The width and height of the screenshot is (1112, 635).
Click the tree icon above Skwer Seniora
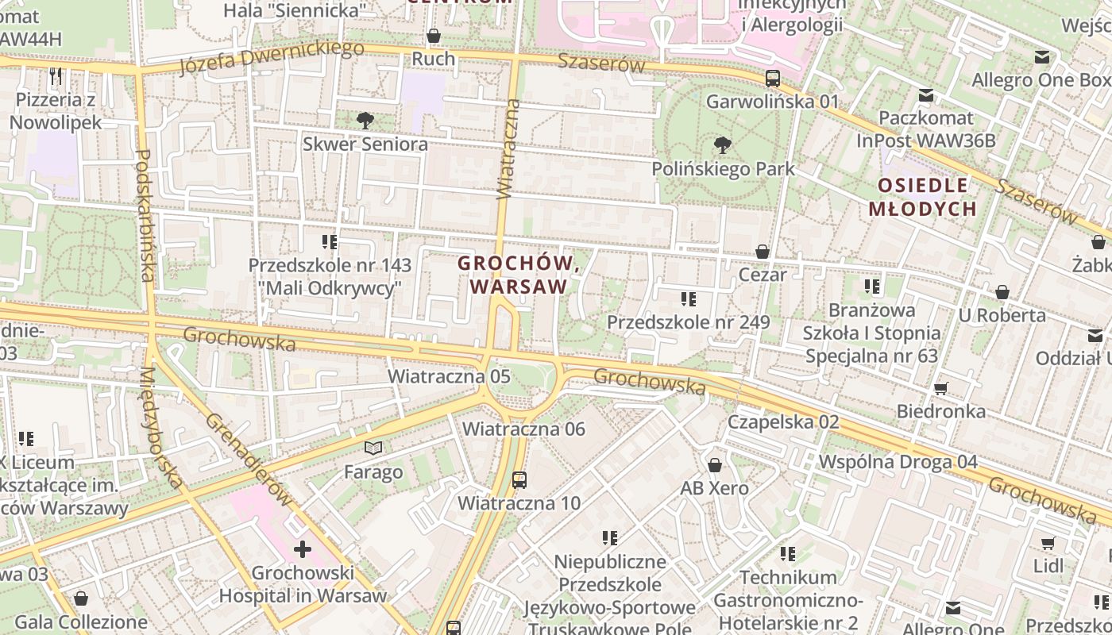(365, 121)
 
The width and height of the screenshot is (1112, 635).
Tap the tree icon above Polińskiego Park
(723, 145)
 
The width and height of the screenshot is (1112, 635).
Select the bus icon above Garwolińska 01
(772, 79)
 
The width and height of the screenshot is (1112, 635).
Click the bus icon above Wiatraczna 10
(519, 479)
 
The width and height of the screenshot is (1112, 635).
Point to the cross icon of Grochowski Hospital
(303, 548)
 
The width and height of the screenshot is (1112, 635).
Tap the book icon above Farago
(373, 448)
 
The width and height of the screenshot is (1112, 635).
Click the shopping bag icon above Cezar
(763, 252)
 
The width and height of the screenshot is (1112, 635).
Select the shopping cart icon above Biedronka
(941, 388)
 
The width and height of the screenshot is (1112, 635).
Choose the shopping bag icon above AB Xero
(715, 465)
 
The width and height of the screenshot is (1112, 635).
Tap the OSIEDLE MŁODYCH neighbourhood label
(922, 198)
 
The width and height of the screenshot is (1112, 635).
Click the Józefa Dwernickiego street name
(271, 56)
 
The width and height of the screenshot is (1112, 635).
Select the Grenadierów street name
(249, 460)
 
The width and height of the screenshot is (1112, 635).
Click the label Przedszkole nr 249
(689, 322)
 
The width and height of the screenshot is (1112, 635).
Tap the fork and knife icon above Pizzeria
(56, 76)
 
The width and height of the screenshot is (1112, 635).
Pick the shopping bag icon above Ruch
(434, 36)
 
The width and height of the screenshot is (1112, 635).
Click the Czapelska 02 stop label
(783, 421)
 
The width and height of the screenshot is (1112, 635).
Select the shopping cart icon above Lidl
(1048, 544)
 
